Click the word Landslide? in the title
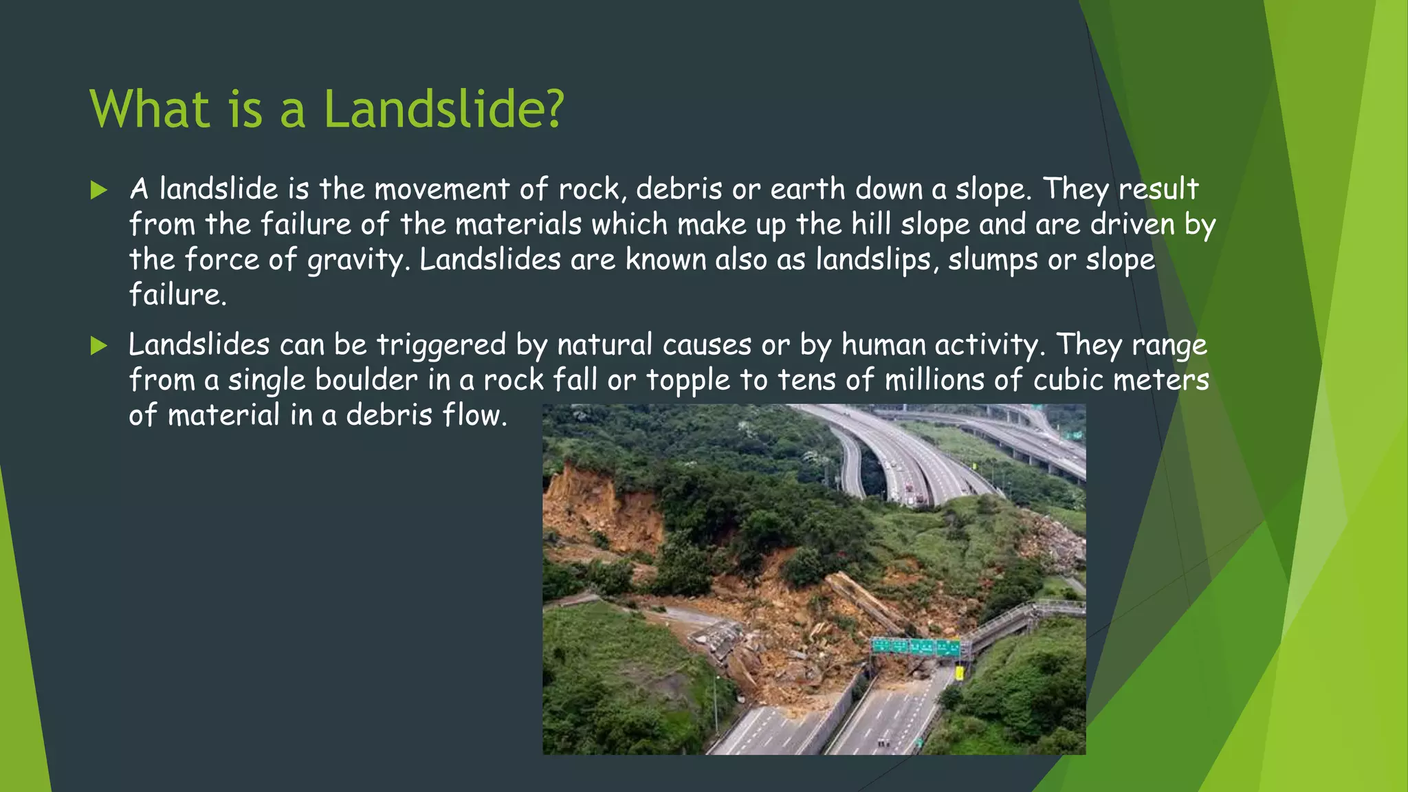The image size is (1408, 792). (x=443, y=109)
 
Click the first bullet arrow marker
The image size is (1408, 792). (x=99, y=190)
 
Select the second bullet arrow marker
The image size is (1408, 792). (x=99, y=346)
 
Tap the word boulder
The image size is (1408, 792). (x=366, y=380)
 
